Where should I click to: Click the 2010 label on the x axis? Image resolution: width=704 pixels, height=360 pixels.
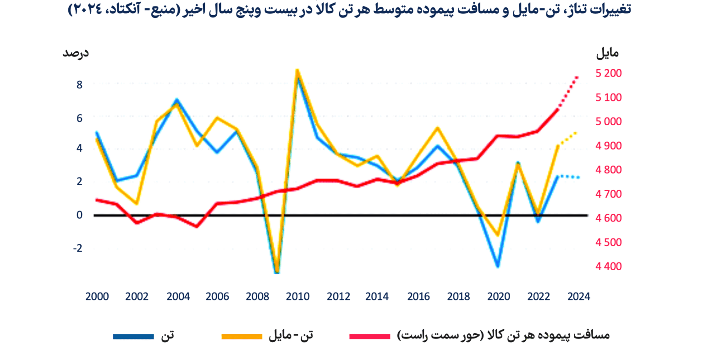(298, 297)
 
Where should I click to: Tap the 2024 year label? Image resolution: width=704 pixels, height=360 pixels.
(578, 297)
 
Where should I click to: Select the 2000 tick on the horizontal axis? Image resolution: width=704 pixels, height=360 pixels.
(97, 297)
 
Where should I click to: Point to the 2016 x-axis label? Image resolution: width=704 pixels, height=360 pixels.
(418, 297)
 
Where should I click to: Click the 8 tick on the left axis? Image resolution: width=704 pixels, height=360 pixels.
(80, 85)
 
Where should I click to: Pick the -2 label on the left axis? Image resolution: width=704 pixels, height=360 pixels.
(78, 248)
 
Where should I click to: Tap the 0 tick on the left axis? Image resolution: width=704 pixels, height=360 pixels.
(80, 215)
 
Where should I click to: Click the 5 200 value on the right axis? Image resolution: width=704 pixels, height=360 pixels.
(609, 73)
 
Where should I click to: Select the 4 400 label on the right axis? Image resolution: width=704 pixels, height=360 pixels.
(609, 266)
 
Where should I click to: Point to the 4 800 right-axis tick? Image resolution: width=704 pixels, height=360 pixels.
(609, 170)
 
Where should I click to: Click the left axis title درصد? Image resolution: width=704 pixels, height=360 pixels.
(76, 53)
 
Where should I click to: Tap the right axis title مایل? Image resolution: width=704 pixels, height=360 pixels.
(607, 53)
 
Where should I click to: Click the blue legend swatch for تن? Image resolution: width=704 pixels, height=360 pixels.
(133, 337)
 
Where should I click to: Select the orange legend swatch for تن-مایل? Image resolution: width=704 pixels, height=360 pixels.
(242, 337)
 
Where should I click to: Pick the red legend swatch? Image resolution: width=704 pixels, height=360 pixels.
(369, 337)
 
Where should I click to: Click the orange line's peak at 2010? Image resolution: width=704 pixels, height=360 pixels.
(297, 70)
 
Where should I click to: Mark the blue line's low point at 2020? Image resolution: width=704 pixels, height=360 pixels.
(498, 266)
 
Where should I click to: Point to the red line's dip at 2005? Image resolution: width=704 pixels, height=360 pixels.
(197, 227)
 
